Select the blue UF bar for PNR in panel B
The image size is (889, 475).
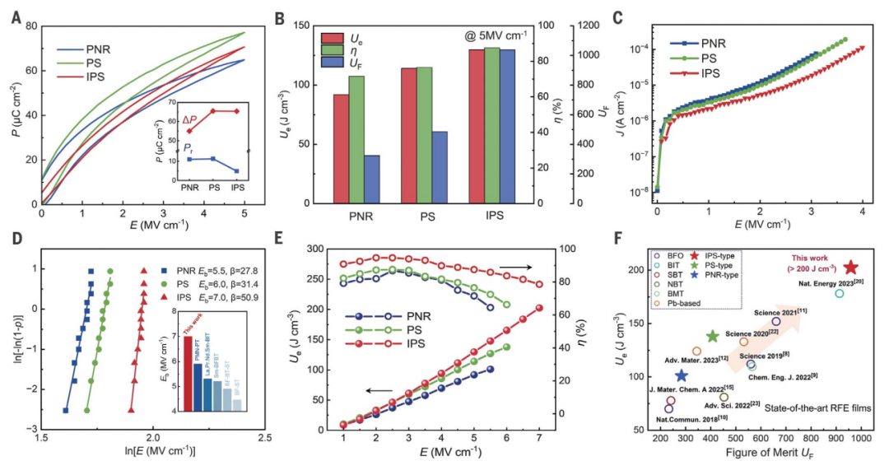tap(371, 179)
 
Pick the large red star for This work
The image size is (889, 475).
tap(851, 268)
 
